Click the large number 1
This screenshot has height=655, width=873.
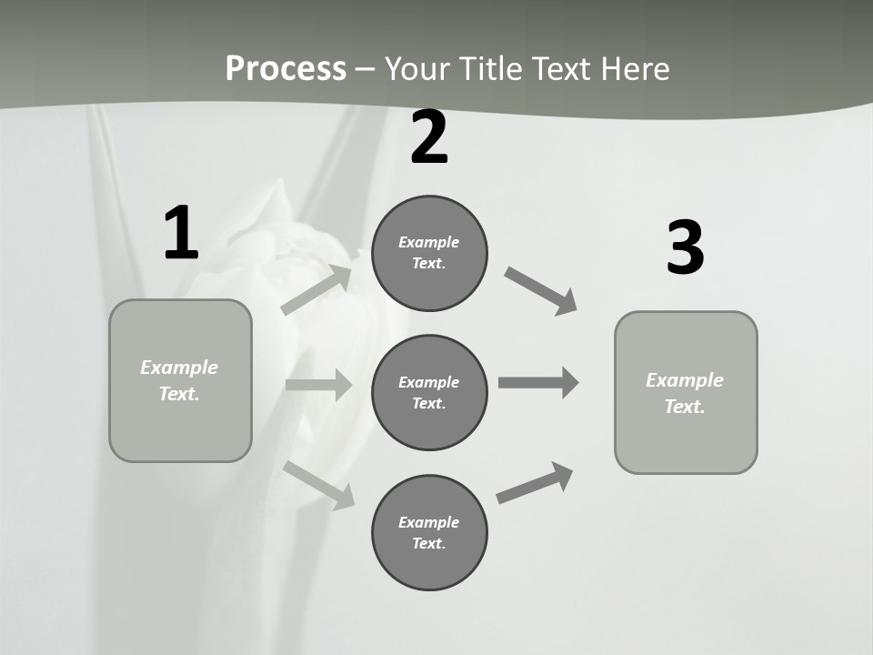pos(181,234)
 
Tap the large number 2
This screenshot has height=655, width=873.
pos(429,138)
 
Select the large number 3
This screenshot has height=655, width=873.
pos(685,247)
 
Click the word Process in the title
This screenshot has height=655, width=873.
pos(286,68)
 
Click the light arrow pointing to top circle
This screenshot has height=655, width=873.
pos(316,289)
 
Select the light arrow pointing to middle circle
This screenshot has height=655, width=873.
pos(318,385)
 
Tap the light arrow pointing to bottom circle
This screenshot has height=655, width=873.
pos(319,485)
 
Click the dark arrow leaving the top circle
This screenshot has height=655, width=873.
pos(541,291)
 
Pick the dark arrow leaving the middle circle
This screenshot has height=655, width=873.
pos(538,382)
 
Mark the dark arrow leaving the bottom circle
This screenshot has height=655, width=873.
pos(535,483)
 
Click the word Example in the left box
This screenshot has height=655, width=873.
pos(179,368)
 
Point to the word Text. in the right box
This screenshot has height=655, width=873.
pos(685,407)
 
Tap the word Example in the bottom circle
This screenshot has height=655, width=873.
pos(429,522)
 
